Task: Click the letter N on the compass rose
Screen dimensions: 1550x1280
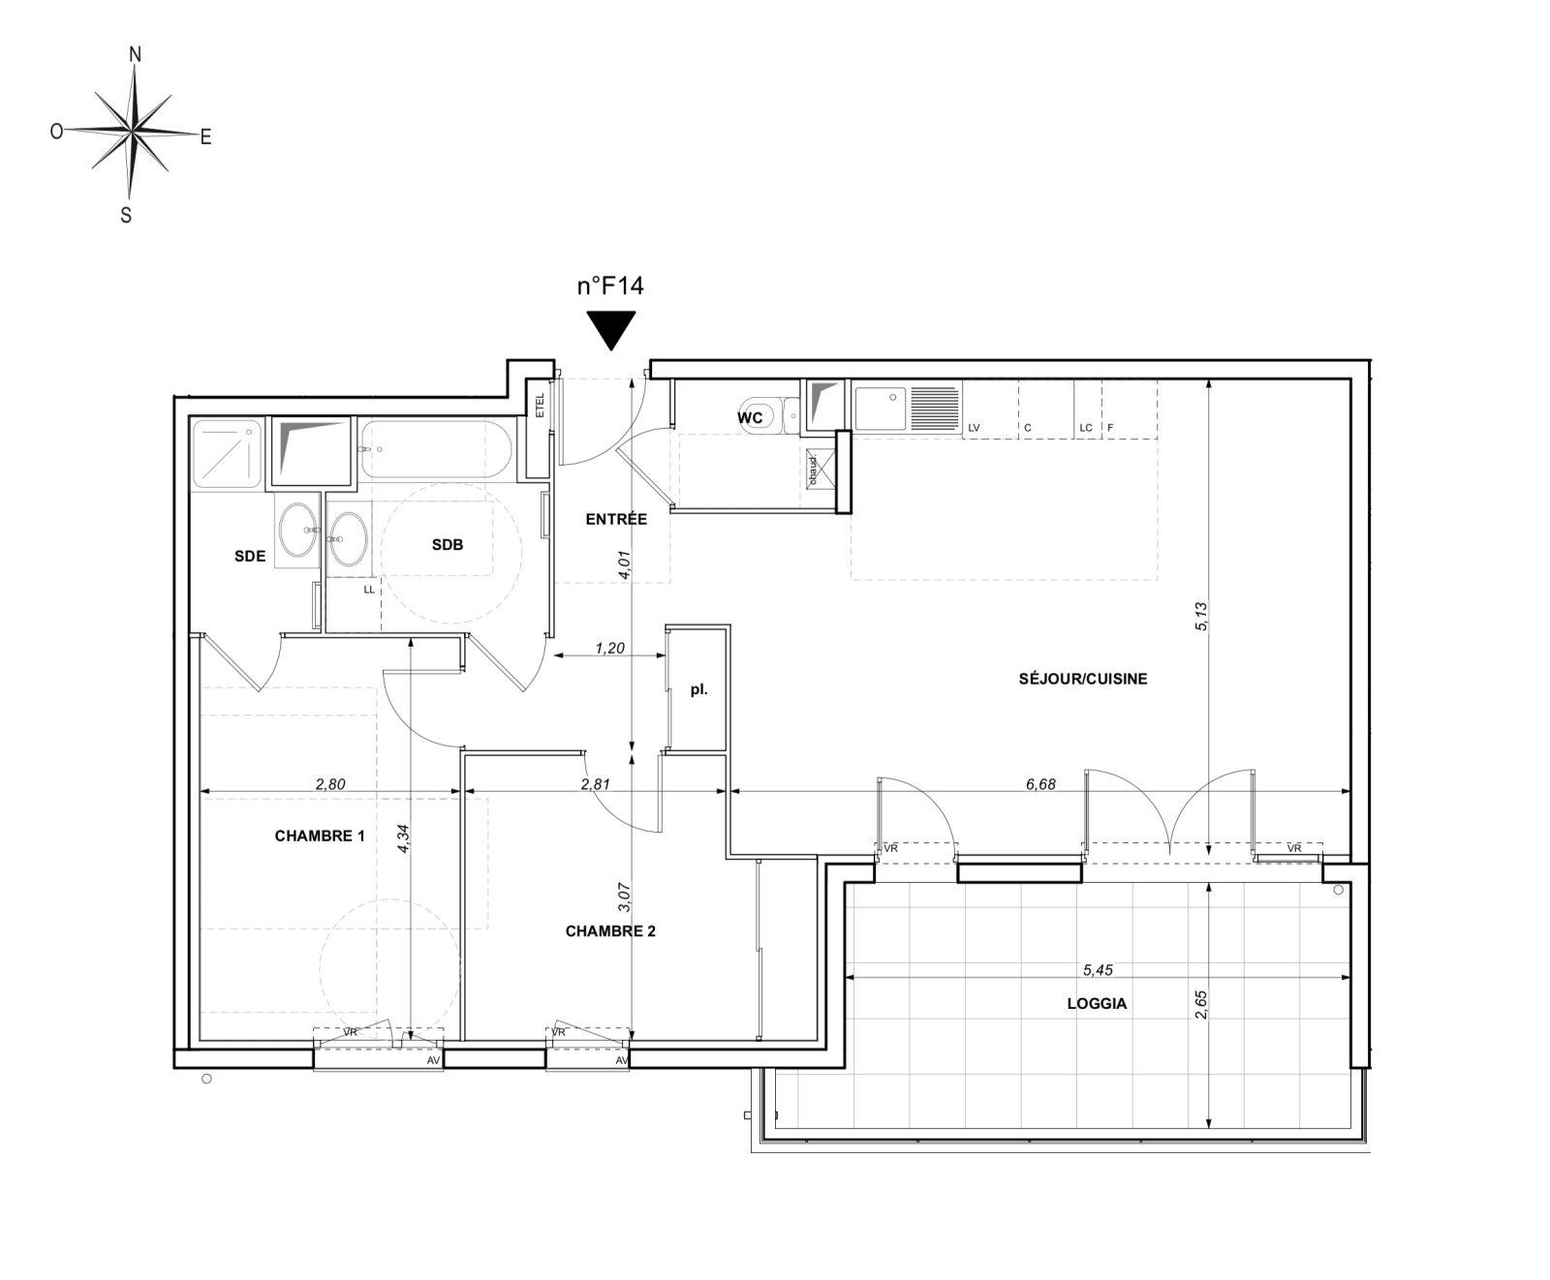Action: point(136,55)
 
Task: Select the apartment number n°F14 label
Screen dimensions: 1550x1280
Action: point(611,286)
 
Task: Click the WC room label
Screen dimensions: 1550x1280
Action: point(751,418)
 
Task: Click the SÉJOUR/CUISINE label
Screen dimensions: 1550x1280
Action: point(1083,679)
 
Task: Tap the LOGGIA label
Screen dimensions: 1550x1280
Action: point(1098,1004)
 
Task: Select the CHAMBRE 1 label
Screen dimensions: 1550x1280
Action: point(320,836)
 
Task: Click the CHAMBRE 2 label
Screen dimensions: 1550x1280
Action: point(610,931)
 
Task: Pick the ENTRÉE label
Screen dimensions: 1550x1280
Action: point(616,519)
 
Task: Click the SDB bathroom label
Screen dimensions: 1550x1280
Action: point(448,545)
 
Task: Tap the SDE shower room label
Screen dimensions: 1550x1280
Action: point(250,556)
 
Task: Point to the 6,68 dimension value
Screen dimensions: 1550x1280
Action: point(1040,784)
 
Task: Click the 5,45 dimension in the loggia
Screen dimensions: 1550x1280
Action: point(1098,969)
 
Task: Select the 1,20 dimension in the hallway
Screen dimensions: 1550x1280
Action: point(609,649)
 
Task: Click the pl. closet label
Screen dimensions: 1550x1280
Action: point(698,690)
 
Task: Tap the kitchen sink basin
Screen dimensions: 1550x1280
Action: point(881,409)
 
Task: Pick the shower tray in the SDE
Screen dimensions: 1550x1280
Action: point(227,453)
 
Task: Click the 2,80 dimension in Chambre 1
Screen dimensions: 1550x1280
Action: point(329,784)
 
